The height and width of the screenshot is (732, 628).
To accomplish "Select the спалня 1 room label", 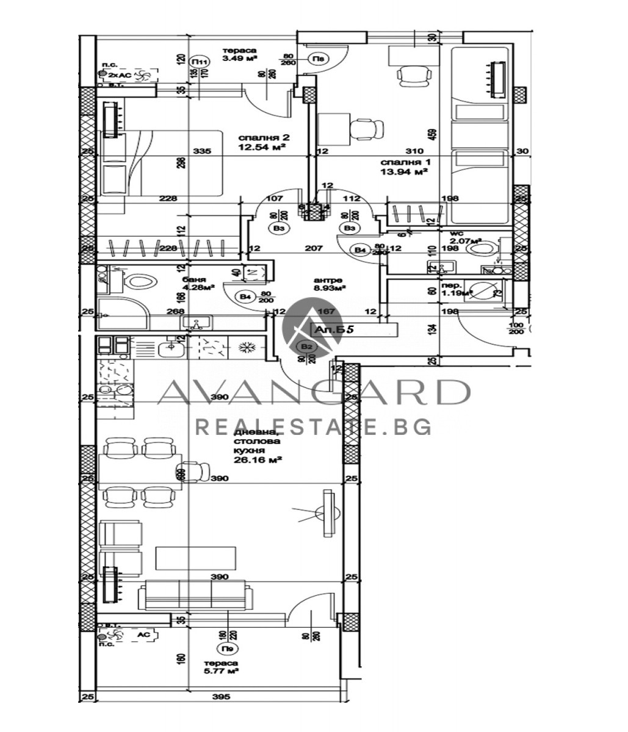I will pos(401,163).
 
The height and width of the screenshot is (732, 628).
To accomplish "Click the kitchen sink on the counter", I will pos(170,350).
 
